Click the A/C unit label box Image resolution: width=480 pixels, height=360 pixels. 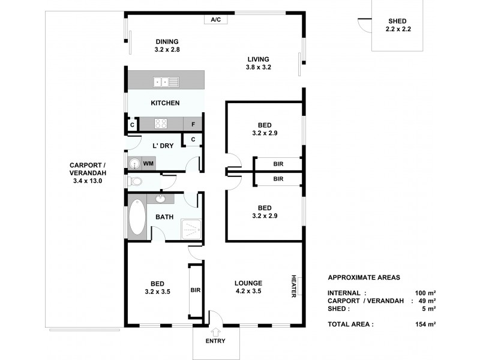pos(216,19)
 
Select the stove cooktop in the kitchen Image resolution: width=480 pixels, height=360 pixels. pos(161,124)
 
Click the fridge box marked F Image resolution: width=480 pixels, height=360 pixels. pos(193,124)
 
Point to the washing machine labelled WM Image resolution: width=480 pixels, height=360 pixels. pos(148,163)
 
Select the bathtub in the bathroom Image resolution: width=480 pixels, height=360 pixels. pos(136,218)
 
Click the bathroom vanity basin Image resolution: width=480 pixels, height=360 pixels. pos(161,199)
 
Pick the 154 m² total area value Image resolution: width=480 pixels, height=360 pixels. pos(425,324)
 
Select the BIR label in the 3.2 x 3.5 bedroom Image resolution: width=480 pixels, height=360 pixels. pos(196,290)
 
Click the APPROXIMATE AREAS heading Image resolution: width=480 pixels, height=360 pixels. pos(364,278)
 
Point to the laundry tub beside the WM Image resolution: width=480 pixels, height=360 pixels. pos(133,163)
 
